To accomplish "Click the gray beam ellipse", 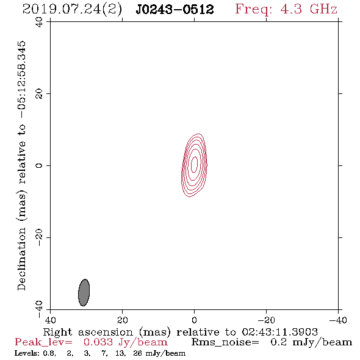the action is [x=84, y=292].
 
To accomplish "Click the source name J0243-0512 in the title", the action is [x=175, y=10].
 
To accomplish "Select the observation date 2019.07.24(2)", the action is [x=72, y=10].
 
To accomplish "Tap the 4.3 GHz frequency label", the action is [x=309, y=9].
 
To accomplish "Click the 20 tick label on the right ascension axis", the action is [x=122, y=320].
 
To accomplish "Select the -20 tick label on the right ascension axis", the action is [x=266, y=320].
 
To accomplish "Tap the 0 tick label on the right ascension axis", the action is [x=194, y=320].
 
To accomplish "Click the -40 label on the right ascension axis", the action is [x=338, y=320].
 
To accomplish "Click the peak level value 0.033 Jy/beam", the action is [x=125, y=342].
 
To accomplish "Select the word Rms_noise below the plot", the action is [x=225, y=342].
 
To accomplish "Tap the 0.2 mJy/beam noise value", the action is [x=311, y=342].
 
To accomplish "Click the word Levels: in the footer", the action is [x=27, y=353].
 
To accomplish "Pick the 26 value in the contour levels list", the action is [x=137, y=353].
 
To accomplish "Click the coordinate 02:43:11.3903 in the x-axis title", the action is [x=279, y=332].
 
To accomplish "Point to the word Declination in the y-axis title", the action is [x=21, y=259].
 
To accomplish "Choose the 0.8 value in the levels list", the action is [x=49, y=353].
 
